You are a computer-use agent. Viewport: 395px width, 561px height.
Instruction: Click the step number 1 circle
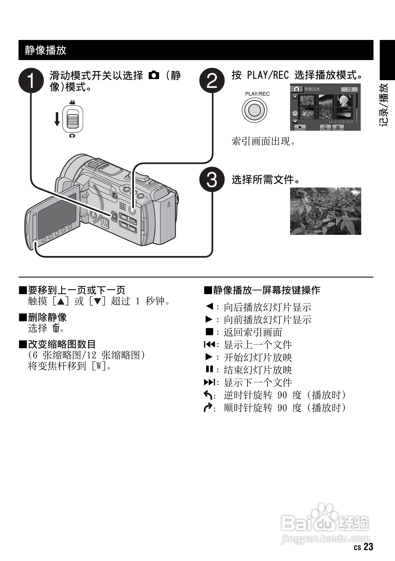[31, 80]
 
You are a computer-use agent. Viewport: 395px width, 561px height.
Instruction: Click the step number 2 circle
[212, 80]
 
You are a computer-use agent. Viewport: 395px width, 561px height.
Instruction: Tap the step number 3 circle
[212, 179]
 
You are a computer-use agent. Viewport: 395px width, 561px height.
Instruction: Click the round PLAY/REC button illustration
[255, 110]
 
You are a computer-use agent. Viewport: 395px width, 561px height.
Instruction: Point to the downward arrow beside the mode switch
[57, 119]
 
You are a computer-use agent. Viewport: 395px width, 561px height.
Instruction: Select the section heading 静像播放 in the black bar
[45, 50]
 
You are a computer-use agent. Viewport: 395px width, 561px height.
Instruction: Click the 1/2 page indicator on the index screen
[350, 89]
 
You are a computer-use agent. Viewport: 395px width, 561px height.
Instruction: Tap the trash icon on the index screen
[338, 127]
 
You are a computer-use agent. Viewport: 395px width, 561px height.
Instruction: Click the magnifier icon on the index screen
[325, 127]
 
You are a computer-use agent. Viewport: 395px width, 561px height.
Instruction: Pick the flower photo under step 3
[325, 211]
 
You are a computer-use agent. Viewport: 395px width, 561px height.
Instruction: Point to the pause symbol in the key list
[209, 369]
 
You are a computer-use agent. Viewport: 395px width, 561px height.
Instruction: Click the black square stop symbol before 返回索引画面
[209, 332]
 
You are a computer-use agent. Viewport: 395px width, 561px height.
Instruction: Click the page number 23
[368, 547]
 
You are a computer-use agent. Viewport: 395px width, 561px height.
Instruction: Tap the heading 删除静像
[47, 317]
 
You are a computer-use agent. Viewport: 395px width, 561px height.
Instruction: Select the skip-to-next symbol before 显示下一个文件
[209, 382]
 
